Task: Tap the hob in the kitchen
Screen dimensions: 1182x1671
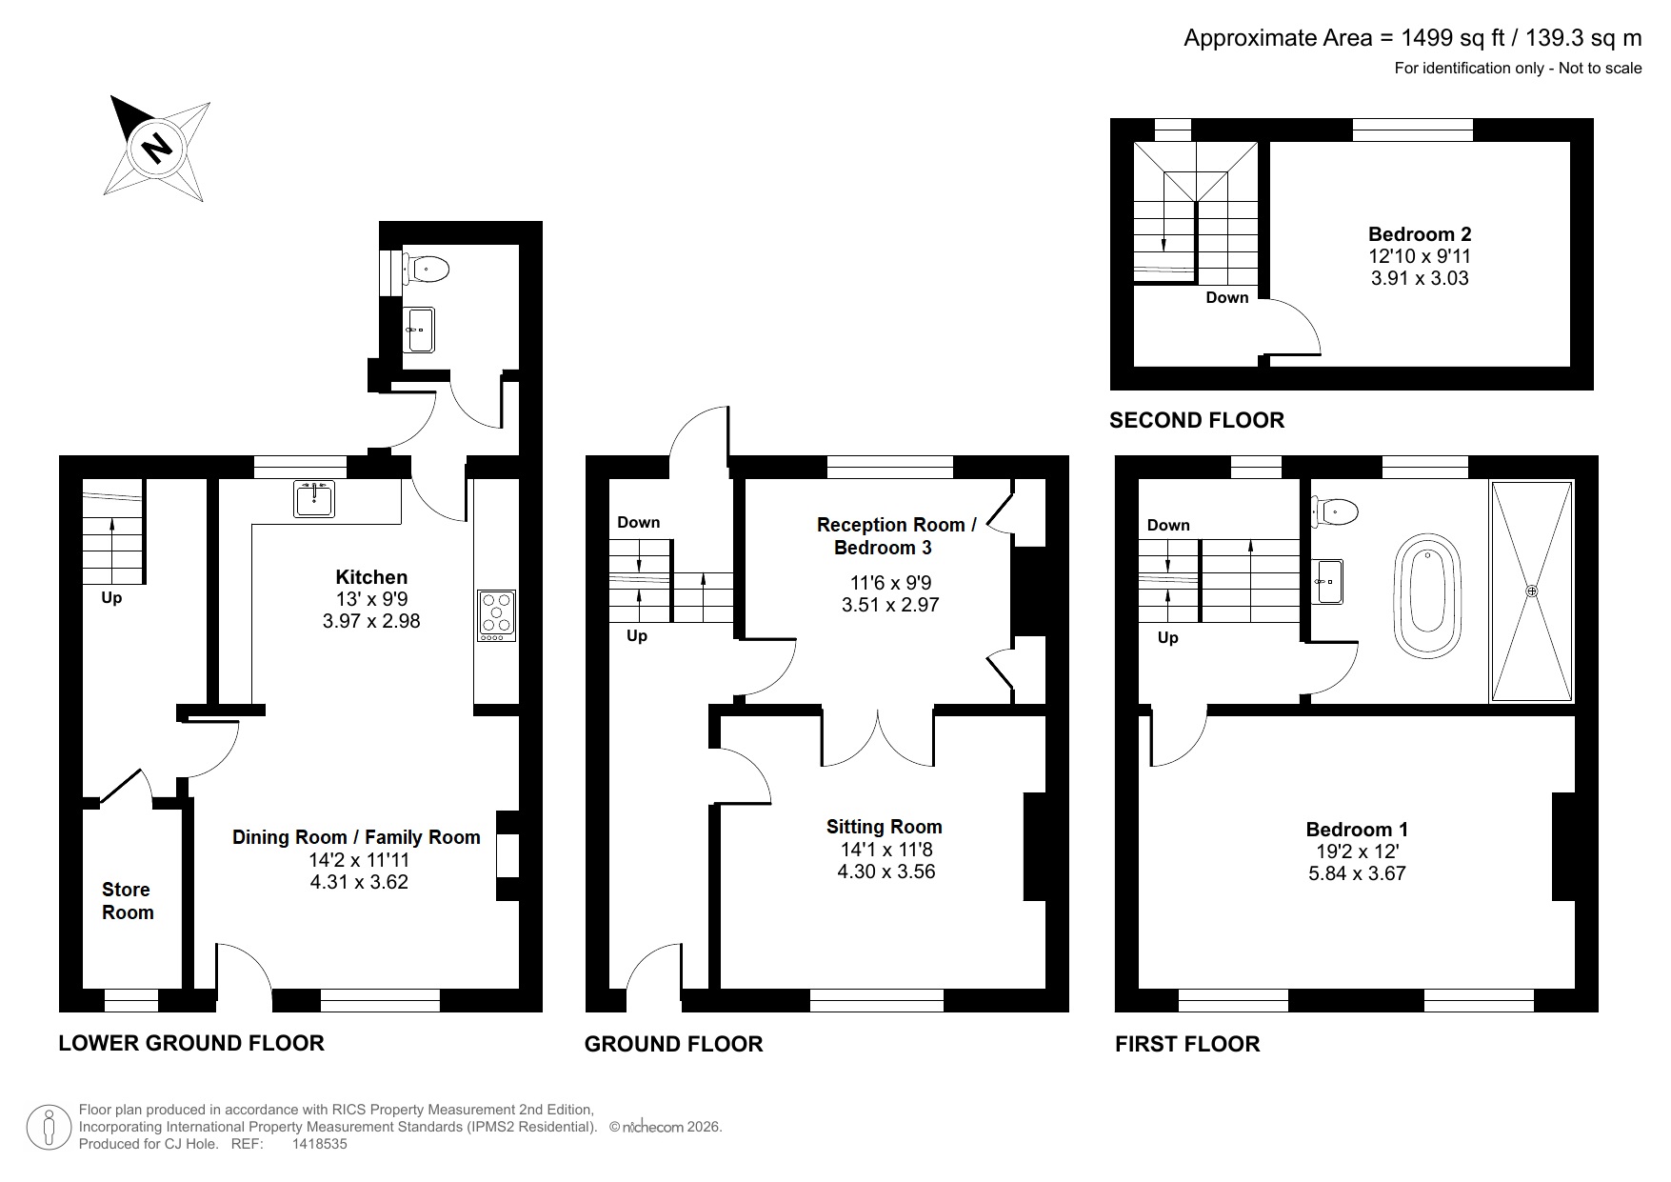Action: [496, 614]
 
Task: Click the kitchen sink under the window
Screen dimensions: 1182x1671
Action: [314, 498]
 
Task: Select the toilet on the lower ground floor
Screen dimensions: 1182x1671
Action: [428, 269]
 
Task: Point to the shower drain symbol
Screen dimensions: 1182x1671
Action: [1531, 591]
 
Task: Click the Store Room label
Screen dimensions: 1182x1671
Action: [127, 901]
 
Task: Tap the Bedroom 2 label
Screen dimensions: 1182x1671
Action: [1419, 234]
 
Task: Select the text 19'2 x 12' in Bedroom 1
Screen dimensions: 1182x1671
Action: [1356, 851]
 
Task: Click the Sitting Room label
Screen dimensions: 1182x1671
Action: [884, 827]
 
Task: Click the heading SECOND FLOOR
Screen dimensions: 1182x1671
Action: [1196, 420]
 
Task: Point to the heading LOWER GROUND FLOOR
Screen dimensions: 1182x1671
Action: [191, 1043]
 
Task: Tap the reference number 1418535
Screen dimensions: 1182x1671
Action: [319, 1144]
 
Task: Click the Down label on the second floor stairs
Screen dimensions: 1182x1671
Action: [1226, 297]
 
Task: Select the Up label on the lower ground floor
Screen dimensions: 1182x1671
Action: [111, 598]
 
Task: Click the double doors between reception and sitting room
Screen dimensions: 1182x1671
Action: [878, 738]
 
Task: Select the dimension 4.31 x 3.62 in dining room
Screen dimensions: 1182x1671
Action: [359, 882]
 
